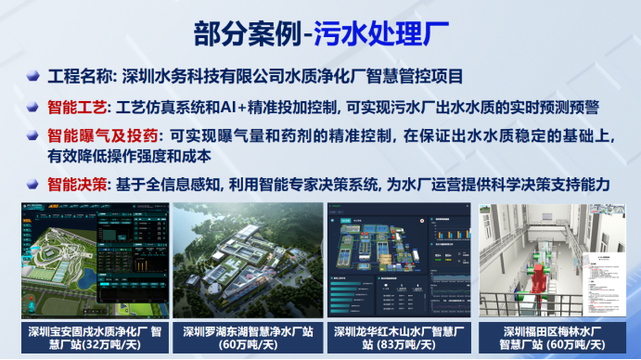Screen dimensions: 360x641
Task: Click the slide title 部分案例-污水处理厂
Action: (320, 34)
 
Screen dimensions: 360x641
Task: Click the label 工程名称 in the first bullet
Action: (78, 76)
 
